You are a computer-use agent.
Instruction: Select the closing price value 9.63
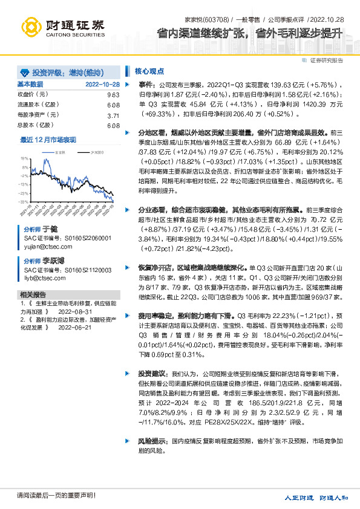(x=113, y=95)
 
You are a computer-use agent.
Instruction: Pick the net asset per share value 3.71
(x=113, y=115)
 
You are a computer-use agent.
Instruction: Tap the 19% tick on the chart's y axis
(x=25, y=158)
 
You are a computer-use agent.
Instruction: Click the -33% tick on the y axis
(x=25, y=201)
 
